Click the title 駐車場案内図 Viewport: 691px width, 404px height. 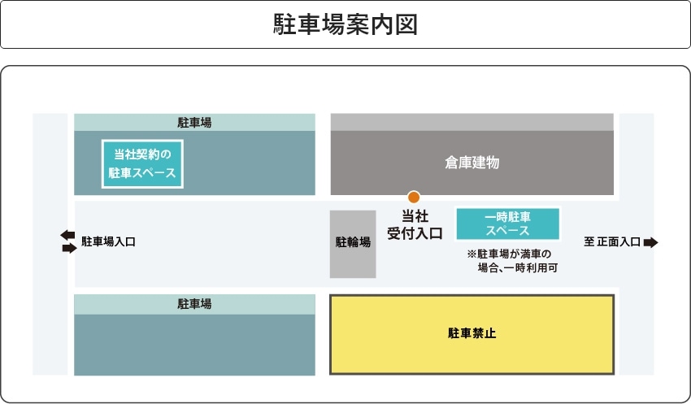click(345, 24)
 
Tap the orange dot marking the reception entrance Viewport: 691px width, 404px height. click(413, 197)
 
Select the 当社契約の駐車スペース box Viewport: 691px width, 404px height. click(142, 164)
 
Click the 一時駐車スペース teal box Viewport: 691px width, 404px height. click(507, 224)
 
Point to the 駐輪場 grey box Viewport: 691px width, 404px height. click(353, 244)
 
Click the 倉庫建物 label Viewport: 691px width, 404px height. click(472, 163)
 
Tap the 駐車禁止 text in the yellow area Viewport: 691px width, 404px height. click(472, 333)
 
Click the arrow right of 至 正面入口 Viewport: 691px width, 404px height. click(651, 242)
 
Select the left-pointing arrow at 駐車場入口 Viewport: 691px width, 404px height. click(67, 235)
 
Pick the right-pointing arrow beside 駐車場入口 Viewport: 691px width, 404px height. click(70, 248)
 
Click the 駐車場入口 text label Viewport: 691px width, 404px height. click(108, 241)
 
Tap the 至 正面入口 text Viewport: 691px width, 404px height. click(611, 242)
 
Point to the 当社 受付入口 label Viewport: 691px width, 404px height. click(415, 224)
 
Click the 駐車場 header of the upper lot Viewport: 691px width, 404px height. click(194, 123)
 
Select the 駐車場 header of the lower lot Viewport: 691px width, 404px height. click(194, 304)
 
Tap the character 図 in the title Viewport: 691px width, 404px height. click(406, 24)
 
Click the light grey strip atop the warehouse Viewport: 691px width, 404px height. click(472, 122)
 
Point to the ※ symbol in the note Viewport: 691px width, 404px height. click(472, 254)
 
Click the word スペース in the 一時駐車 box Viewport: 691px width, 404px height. click(507, 231)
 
